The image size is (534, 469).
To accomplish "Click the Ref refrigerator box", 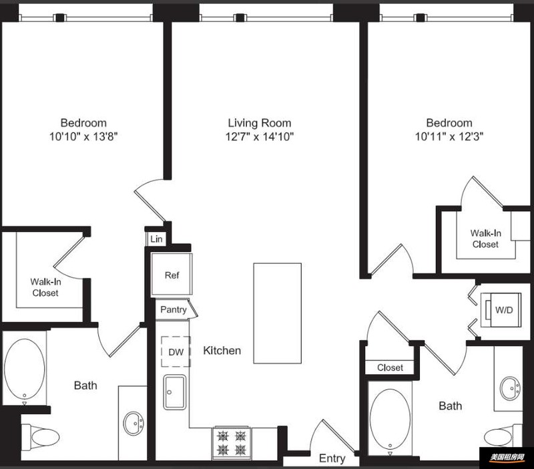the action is pyautogui.click(x=172, y=275).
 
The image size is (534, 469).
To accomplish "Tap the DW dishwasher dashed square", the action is pyautogui.click(x=176, y=351).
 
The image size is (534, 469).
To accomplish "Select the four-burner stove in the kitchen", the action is pyautogui.click(x=232, y=442).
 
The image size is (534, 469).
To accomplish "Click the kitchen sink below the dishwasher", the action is pyautogui.click(x=175, y=392).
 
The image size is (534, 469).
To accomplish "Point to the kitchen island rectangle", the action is pyautogui.click(x=277, y=313).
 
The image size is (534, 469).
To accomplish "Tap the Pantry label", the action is pyautogui.click(x=174, y=309).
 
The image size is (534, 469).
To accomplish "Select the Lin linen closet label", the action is pyautogui.click(x=156, y=239).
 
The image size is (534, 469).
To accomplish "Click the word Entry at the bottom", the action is pyautogui.click(x=332, y=458).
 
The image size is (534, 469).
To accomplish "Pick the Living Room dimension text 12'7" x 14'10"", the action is pyautogui.click(x=260, y=137).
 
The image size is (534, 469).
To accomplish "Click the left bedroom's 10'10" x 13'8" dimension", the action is pyautogui.click(x=83, y=137).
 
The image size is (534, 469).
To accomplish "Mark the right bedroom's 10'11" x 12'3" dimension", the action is pyautogui.click(x=449, y=137).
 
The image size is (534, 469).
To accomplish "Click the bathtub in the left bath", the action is pyautogui.click(x=24, y=368).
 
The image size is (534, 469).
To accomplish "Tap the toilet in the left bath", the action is pyautogui.click(x=40, y=437).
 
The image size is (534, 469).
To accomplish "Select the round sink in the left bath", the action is pyautogui.click(x=133, y=424).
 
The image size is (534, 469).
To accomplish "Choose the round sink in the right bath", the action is pyautogui.click(x=510, y=388).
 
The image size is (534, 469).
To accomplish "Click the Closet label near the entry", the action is pyautogui.click(x=390, y=367).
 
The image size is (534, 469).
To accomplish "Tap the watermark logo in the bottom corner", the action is pyautogui.click(x=507, y=458).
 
